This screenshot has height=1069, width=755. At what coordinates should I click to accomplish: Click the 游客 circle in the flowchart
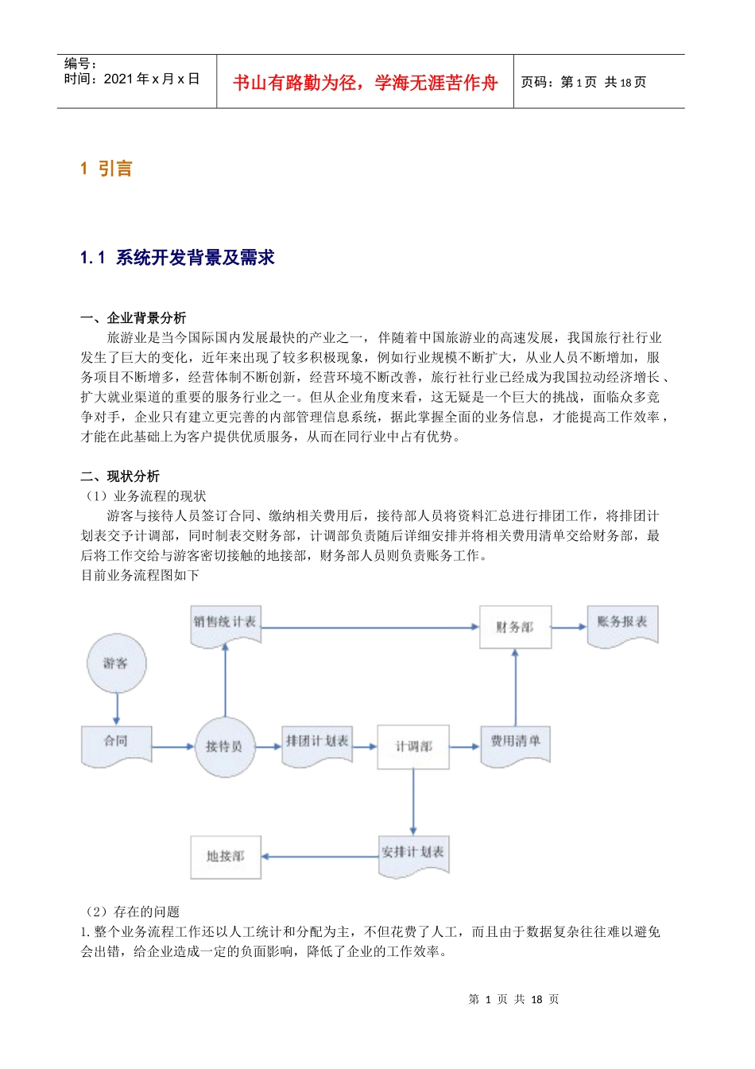[x=117, y=663]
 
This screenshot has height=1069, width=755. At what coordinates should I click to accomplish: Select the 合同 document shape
[x=116, y=744]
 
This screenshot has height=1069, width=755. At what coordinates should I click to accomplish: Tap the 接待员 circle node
[x=225, y=746]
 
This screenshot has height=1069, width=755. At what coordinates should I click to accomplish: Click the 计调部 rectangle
[x=413, y=746]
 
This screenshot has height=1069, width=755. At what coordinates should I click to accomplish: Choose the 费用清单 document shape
[x=515, y=744]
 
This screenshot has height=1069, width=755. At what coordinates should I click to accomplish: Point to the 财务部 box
[x=515, y=627]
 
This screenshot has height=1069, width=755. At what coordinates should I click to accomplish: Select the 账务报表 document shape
[x=622, y=624]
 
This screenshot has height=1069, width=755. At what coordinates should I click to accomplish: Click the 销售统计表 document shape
[x=226, y=624]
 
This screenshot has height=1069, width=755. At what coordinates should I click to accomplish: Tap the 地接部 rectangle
[x=226, y=857]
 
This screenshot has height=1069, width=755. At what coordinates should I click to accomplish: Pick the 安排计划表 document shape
[x=413, y=854]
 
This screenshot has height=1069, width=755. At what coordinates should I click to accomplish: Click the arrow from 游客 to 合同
[x=117, y=709]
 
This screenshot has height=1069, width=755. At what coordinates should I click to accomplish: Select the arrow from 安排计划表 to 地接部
[x=320, y=857]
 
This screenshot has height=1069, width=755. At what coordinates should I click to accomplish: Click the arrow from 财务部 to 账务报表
[x=569, y=627]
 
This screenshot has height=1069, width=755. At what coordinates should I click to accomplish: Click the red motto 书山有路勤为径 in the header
[x=365, y=82]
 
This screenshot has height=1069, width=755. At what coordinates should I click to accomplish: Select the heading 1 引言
[x=106, y=169]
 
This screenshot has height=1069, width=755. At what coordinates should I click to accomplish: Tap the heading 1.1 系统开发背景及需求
[x=177, y=258]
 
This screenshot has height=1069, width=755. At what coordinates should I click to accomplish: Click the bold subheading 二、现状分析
[x=120, y=476]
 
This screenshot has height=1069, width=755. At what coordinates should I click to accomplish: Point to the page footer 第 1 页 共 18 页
[x=514, y=999]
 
